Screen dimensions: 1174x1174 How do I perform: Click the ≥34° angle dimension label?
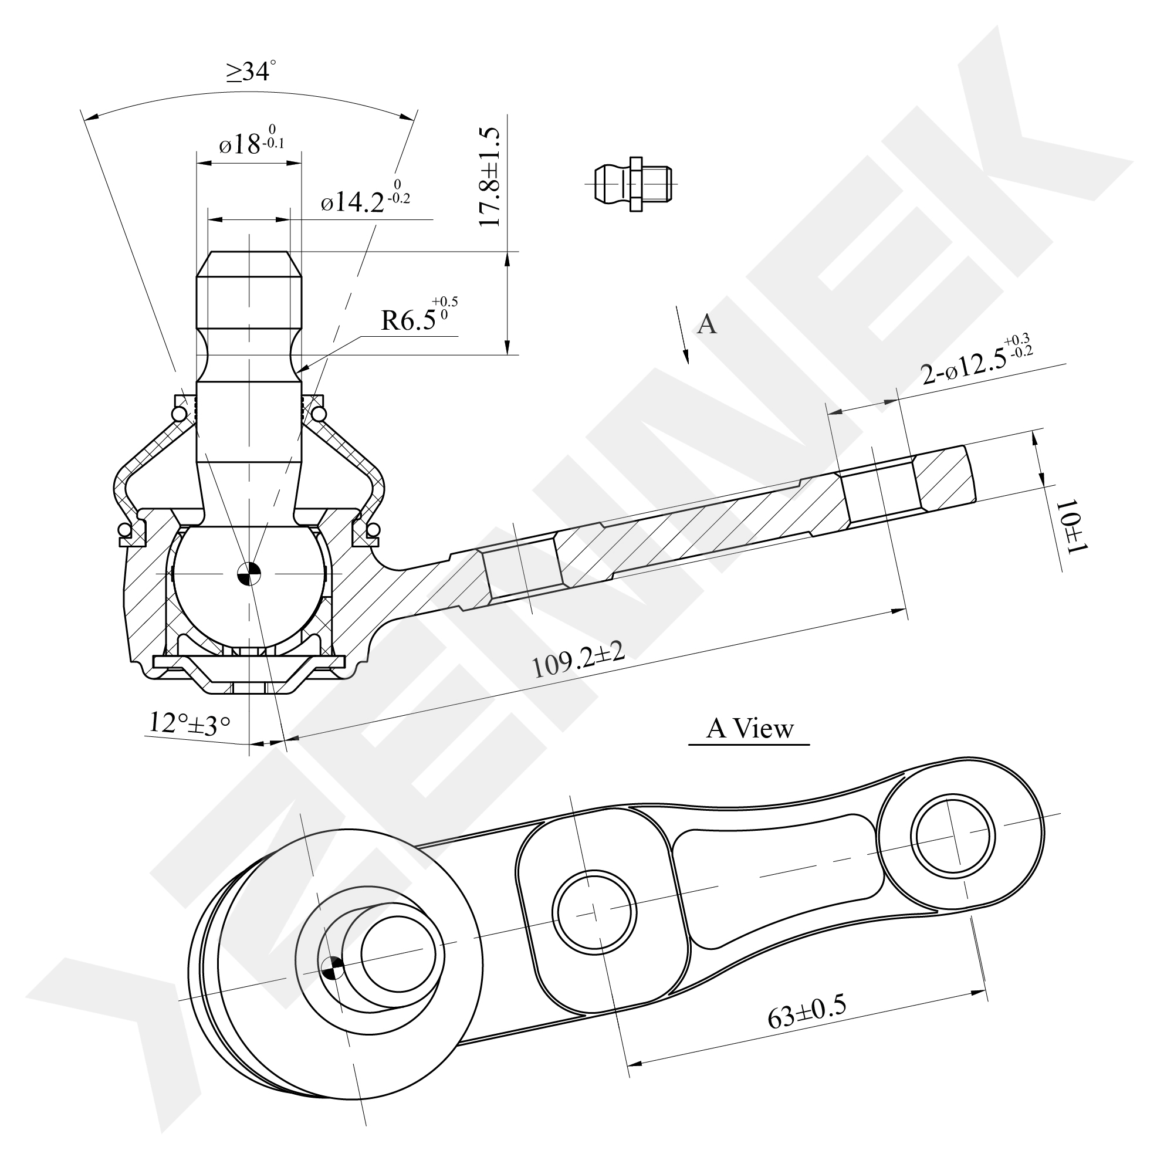251,72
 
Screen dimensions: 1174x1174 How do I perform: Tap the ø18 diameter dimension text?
252,143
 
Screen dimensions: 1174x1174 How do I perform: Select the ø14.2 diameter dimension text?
365,198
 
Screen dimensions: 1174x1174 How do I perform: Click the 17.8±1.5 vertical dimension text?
490,177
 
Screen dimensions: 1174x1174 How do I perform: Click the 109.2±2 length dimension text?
578,659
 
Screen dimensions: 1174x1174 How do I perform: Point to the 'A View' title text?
750,729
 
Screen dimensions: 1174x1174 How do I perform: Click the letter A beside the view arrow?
707,324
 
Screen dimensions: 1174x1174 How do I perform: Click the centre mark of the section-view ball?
249,573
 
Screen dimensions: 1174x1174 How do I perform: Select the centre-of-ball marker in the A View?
333,967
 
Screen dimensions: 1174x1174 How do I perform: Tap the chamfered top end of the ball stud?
249,265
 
